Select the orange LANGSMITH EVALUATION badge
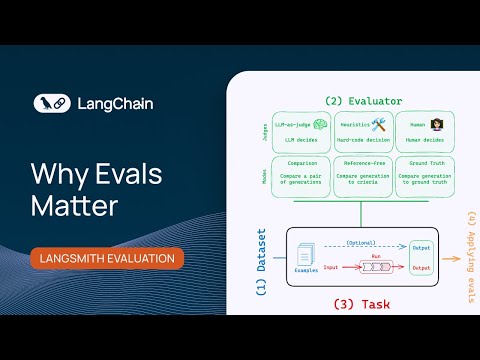coord(107,258)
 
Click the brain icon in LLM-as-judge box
coord(321,124)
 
